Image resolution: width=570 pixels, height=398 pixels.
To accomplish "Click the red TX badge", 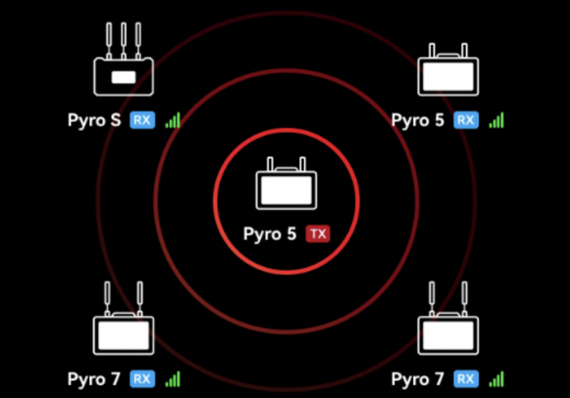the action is pos(318,234).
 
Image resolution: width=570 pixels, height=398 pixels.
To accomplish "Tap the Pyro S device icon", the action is pos(123,59).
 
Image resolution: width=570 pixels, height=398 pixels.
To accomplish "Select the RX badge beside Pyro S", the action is pos(142,120).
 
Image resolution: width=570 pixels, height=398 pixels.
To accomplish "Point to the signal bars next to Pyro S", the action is pos(173,120).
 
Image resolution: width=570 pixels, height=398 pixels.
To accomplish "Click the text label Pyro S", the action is pos(94,120).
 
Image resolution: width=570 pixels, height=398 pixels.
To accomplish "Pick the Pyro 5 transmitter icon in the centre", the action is pos(287,183).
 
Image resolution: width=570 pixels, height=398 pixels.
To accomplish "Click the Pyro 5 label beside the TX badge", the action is pos(270,234).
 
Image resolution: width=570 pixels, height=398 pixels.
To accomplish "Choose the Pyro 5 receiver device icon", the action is pos(448,69).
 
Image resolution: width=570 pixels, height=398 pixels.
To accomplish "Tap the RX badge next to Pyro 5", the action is pos(466,120).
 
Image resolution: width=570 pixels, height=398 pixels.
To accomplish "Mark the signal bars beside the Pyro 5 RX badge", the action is pos(497,120).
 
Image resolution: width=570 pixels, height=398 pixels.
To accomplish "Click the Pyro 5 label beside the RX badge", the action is pos(417,120).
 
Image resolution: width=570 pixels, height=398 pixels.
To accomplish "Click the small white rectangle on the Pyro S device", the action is pos(123,77).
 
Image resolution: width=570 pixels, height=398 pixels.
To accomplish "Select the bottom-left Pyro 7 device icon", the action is pos(123,318).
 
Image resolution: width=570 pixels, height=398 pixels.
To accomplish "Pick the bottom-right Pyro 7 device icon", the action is pos(448,318).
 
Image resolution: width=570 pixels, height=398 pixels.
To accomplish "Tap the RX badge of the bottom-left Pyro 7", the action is pos(142,379).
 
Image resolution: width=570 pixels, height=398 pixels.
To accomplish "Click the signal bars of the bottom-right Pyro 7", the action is pos(497,379).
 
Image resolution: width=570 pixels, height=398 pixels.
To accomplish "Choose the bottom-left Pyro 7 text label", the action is pos(94,379).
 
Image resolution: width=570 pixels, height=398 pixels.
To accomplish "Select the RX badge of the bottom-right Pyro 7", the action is pos(466,379).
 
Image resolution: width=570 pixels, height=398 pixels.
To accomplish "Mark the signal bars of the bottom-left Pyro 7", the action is pos(173,379).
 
